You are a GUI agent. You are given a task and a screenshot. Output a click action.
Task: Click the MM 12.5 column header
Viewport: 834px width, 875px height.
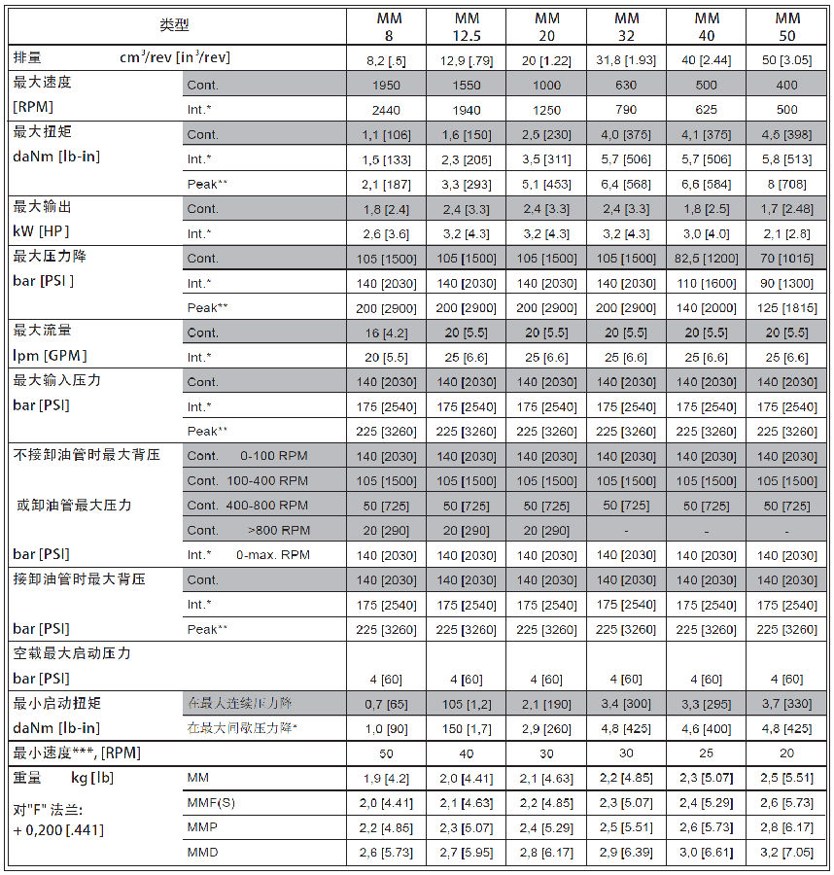[467, 27]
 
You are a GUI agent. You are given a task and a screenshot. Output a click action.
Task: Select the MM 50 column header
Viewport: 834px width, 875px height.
[786, 27]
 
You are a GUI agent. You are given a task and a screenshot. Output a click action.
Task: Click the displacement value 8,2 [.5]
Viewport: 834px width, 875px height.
[386, 60]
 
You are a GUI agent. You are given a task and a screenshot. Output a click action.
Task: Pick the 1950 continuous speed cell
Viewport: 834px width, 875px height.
[386, 86]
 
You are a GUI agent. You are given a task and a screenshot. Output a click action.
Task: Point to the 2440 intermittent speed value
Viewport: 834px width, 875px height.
[386, 110]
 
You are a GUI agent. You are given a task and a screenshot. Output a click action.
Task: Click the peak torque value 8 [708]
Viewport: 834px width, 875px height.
[786, 184]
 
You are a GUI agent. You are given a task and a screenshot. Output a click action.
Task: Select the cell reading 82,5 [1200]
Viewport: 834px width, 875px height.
[707, 259]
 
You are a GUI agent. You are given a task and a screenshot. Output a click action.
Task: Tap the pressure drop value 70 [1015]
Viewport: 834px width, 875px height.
[786, 259]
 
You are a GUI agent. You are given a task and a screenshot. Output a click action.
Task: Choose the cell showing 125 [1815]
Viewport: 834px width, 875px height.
[786, 308]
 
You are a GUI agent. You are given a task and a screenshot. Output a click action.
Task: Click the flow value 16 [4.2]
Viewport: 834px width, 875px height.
[386, 332]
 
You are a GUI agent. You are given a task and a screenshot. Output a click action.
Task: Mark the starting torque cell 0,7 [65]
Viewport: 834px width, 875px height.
[386, 703]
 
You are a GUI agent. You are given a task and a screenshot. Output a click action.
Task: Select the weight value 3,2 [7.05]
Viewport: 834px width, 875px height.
[786, 853]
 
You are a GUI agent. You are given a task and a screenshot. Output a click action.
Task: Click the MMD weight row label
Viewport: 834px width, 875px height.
[202, 853]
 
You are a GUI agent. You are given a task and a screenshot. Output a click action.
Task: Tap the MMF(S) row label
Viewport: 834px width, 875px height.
[211, 803]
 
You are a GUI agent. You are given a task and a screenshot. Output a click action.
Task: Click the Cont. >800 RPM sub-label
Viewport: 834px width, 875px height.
[247, 531]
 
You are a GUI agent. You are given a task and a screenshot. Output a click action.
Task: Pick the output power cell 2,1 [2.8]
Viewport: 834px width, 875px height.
[786, 234]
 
